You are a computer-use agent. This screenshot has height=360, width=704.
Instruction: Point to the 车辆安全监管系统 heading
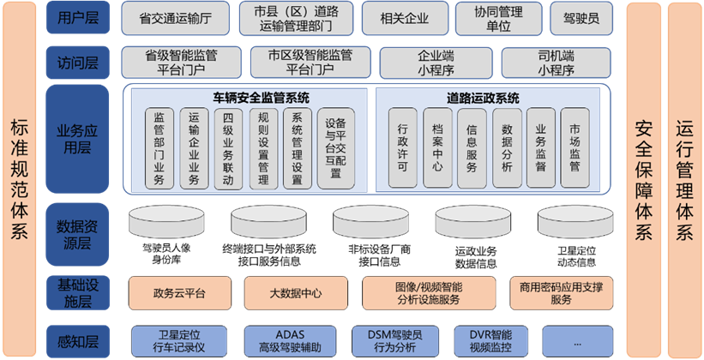coord(248,98)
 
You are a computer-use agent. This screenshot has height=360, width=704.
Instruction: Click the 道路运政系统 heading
coord(483,98)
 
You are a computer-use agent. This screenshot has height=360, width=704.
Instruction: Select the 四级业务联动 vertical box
coord(228,148)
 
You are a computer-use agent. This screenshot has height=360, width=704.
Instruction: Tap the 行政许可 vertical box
coord(403,148)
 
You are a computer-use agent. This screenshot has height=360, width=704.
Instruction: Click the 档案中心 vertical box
coord(437,148)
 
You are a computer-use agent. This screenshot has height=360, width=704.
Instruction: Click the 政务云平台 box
coord(180,292)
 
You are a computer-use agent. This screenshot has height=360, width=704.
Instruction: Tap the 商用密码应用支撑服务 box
coord(561,292)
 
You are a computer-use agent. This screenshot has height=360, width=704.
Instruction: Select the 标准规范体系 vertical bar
coord(20,180)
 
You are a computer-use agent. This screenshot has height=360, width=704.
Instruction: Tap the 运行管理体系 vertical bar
coord(683,180)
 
